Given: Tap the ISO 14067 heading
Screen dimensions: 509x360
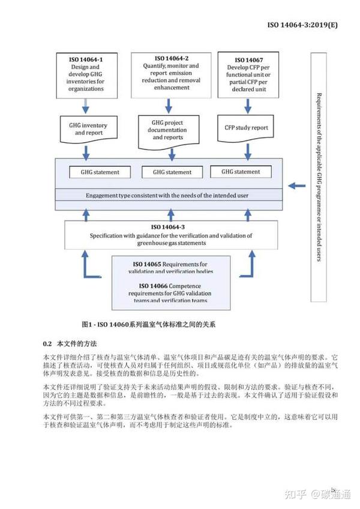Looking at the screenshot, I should tap(248, 60).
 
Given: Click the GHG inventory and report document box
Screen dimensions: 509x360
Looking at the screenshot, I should tap(88, 128).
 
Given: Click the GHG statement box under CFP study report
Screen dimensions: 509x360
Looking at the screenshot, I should tap(240, 172).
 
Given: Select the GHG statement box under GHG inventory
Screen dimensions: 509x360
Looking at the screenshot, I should tap(100, 172).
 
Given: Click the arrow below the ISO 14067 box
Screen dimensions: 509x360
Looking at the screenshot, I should tap(248, 106).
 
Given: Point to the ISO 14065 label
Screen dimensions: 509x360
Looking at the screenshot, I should tap(146, 264).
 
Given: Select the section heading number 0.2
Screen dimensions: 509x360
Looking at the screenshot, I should tap(48, 344).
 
